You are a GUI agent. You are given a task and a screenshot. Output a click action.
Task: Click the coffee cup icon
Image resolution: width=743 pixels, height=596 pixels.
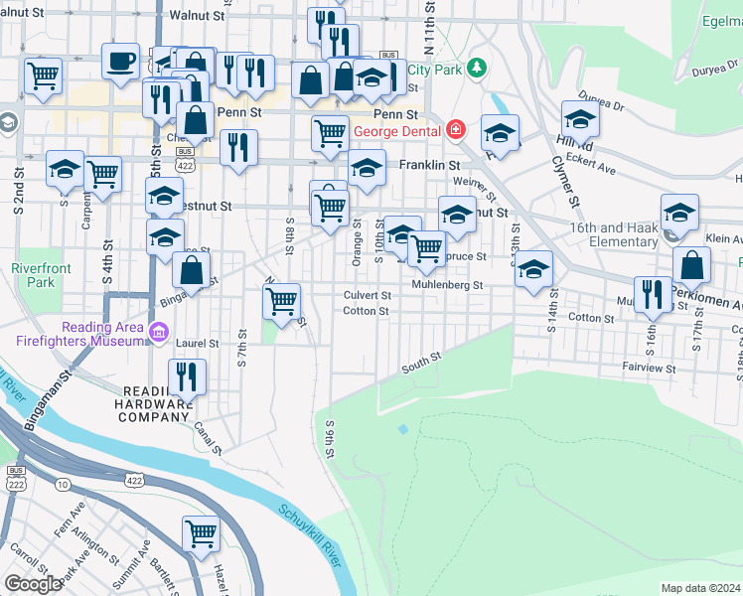coord(120,62)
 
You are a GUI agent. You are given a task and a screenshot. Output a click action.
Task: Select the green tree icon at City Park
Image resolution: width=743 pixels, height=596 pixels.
coord(478,68)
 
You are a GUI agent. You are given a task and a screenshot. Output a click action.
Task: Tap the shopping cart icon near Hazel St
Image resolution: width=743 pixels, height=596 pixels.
coord(201,534)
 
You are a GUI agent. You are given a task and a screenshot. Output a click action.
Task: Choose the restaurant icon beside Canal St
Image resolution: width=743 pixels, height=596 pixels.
coord(186,376)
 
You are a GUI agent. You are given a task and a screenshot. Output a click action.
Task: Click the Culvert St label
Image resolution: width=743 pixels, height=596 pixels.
coord(367,295)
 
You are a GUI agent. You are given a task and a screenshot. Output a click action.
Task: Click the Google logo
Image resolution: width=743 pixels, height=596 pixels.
coord(33,584)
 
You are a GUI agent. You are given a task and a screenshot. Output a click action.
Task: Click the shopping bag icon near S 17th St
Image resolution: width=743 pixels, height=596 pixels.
coord(691,265)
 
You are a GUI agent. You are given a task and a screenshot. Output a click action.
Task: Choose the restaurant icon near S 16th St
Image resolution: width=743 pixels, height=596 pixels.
coord(652,295)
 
